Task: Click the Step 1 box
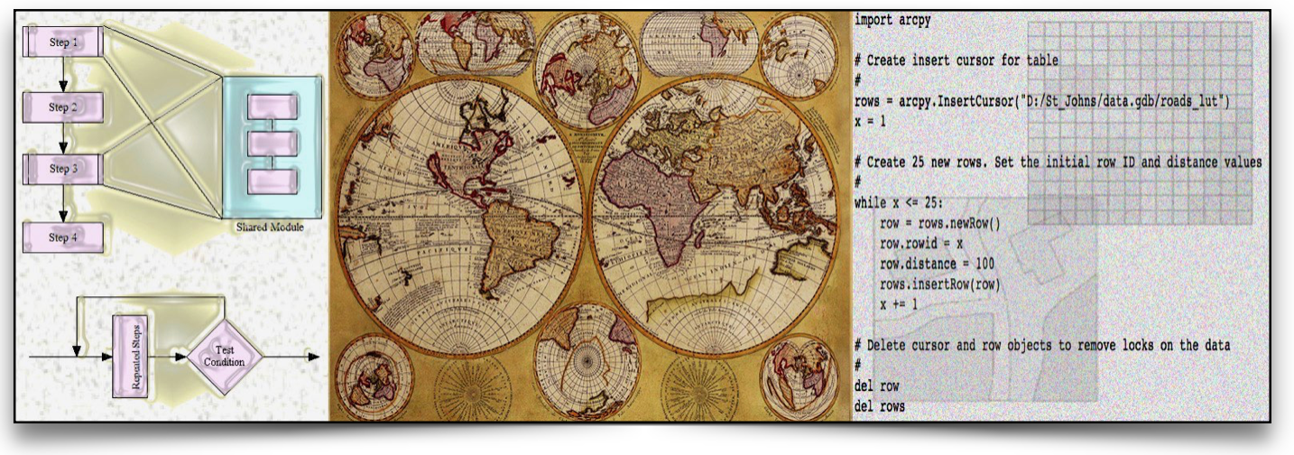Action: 63,42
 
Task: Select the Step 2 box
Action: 63,107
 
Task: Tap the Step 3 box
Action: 63,169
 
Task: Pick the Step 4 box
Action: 63,237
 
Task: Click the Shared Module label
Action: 269,227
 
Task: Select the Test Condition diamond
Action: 225,356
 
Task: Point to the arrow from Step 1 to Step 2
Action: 63,74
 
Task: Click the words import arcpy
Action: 892,19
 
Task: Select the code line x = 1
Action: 873,122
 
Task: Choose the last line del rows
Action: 879,407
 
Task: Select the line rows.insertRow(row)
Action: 941,284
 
